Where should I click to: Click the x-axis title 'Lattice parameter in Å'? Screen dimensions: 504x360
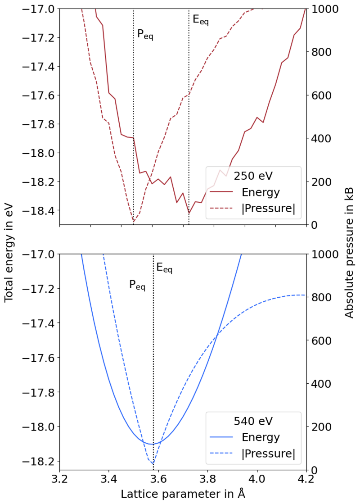coord(183,494)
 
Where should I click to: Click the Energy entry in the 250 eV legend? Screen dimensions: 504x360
coord(261,192)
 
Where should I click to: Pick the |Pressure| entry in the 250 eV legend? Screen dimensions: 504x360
coord(268,209)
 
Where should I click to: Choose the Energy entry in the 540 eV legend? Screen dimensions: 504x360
coord(261,437)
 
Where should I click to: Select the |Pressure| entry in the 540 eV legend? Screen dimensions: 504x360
coord(268,454)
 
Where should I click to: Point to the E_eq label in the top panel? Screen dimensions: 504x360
coord(200,20)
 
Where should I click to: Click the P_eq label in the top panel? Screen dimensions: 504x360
coord(145,35)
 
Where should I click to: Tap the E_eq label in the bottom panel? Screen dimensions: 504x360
coord(164,269)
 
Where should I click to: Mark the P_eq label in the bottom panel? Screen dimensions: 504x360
coord(137,285)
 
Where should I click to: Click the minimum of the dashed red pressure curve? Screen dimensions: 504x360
coord(134,221)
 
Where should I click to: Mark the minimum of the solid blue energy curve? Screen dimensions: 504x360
coord(152,444)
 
